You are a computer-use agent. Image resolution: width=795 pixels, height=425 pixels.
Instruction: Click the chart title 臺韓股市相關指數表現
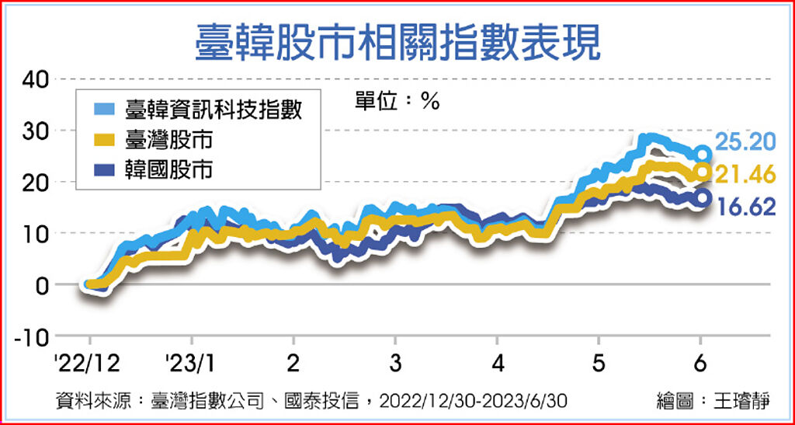click(x=397, y=40)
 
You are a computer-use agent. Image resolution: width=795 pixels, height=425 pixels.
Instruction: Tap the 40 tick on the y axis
click(x=36, y=79)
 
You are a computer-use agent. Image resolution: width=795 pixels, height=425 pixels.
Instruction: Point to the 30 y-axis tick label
click(x=36, y=131)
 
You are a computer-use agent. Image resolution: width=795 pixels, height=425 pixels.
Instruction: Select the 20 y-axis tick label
click(x=36, y=182)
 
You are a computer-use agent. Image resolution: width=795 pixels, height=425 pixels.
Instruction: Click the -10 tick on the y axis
click(x=31, y=336)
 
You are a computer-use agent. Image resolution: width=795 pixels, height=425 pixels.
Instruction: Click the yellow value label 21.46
click(x=745, y=175)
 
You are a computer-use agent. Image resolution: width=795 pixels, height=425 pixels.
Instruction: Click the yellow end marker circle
click(x=702, y=172)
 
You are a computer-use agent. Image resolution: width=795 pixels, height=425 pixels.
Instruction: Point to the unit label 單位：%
click(x=397, y=101)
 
